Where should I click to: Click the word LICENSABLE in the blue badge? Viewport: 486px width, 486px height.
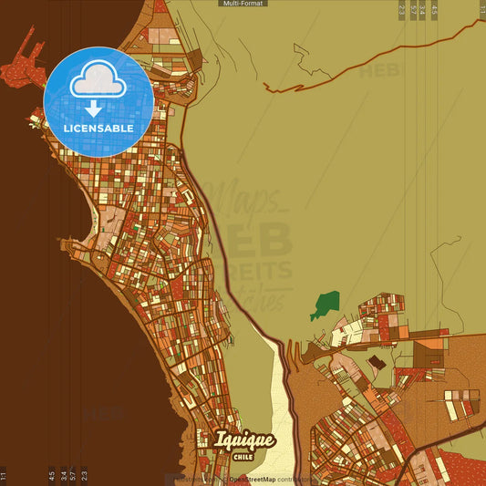(x=98, y=129)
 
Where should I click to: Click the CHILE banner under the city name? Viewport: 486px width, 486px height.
(x=243, y=457)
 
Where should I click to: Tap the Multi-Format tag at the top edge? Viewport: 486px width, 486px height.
(x=243, y=4)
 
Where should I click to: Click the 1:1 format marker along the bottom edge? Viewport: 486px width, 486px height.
(x=4, y=475)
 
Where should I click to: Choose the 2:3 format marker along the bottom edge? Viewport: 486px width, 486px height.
(x=85, y=475)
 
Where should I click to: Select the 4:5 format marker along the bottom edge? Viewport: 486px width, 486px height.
(x=51, y=475)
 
